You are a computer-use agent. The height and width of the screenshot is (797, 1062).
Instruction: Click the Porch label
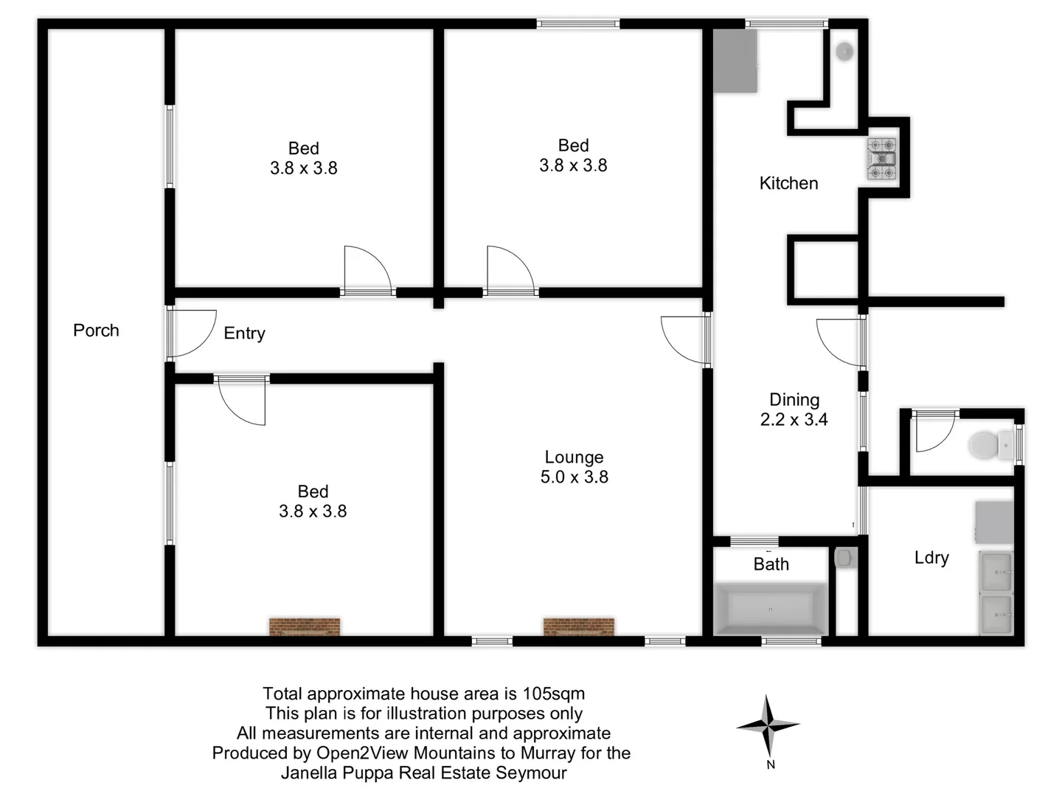(x=96, y=331)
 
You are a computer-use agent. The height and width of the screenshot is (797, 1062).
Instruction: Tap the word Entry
(x=244, y=334)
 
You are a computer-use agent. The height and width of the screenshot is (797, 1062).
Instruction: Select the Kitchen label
(x=788, y=184)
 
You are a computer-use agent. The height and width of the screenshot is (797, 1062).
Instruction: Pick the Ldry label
(x=931, y=558)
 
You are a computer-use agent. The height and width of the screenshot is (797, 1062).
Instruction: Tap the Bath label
(x=771, y=565)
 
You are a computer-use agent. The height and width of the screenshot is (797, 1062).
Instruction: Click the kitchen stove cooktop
(x=881, y=159)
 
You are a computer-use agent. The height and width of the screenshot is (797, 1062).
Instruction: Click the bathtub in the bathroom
(x=770, y=609)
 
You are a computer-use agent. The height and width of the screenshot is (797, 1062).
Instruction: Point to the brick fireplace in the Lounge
(x=578, y=627)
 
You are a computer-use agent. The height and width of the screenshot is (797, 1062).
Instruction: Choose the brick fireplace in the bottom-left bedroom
(x=305, y=627)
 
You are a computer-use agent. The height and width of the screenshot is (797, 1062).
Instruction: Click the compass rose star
(x=768, y=726)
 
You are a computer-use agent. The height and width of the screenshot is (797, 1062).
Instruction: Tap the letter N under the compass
(x=770, y=765)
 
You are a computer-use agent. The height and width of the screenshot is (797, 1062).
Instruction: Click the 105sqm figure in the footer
(x=553, y=694)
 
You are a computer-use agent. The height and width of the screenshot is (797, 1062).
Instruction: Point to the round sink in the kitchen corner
(x=844, y=51)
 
